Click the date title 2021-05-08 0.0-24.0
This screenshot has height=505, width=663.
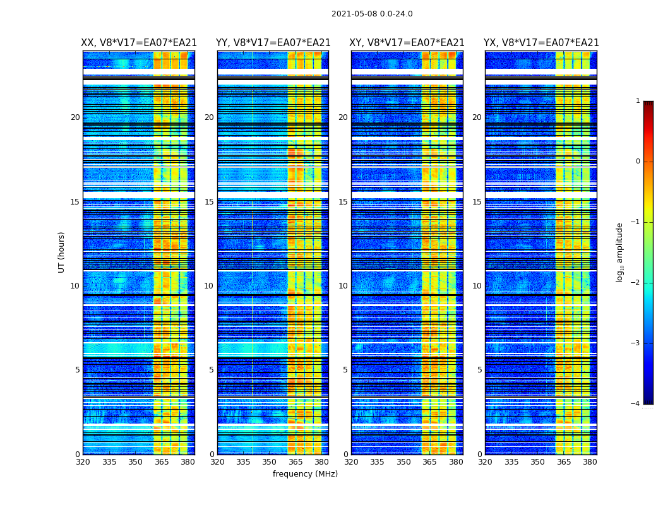372,14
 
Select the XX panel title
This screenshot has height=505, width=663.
139,43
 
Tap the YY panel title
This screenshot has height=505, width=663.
273,43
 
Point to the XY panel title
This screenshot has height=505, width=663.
407,43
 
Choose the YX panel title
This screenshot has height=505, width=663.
541,43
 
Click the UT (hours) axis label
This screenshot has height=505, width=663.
62,252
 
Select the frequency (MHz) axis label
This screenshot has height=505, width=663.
305,474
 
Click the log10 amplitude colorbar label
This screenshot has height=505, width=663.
620,252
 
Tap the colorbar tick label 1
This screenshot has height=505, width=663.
638,101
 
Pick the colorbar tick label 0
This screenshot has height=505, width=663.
638,162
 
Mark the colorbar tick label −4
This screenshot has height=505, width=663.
636,404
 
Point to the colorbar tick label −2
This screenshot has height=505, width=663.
636,283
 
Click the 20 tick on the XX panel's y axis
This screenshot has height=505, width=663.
75,117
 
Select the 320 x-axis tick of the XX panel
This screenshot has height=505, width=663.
83,462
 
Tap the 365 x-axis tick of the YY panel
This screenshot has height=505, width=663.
296,462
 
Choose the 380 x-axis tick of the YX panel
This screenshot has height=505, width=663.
590,462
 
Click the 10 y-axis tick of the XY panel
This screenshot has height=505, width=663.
343,286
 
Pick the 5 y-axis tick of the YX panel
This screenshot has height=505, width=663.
479,370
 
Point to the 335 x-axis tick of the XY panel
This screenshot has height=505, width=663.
377,462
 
